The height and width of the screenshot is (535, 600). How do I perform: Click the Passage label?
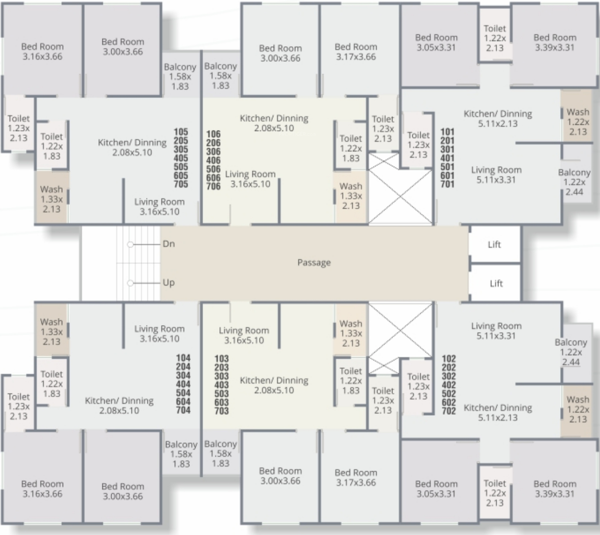(x=314, y=262)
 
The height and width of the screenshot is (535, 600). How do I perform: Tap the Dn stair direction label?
(x=169, y=244)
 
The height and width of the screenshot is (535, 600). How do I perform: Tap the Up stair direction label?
(x=169, y=282)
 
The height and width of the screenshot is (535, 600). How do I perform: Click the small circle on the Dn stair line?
(x=130, y=245)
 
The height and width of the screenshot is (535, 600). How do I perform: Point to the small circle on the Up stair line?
(x=130, y=283)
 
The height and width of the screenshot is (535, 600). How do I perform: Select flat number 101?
(x=447, y=132)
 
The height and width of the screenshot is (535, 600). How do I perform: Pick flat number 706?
(x=213, y=186)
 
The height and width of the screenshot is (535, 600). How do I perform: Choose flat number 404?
(x=183, y=384)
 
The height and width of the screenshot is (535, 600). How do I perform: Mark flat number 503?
(x=221, y=393)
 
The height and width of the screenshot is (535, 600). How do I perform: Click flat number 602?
(x=449, y=402)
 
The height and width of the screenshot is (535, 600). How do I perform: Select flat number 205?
(x=181, y=141)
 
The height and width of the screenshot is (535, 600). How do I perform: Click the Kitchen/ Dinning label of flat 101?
(x=497, y=119)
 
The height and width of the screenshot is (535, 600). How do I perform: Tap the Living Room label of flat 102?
(x=496, y=331)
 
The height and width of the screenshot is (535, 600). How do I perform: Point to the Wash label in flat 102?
(x=578, y=409)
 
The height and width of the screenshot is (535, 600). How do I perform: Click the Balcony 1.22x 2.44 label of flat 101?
(x=574, y=182)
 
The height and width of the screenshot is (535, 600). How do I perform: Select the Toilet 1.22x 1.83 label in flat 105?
(x=51, y=146)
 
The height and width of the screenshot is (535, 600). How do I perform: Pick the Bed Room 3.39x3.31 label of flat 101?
(x=555, y=42)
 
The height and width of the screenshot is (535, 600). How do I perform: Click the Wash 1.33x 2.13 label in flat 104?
(x=51, y=332)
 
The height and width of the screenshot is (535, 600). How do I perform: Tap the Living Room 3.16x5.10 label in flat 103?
(x=244, y=335)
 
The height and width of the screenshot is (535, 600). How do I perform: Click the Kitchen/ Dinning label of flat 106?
(x=274, y=123)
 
